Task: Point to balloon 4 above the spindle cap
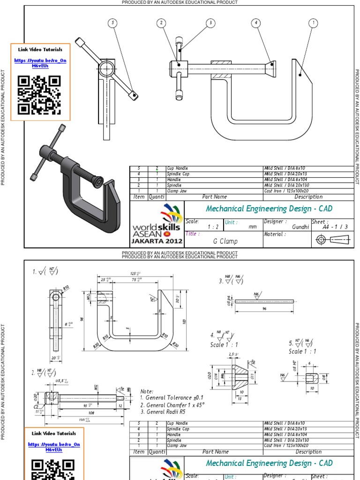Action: [256, 22]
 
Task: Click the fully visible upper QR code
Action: [39, 95]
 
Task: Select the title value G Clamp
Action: [225, 241]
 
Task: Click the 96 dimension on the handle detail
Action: [264, 309]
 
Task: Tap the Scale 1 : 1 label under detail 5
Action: [302, 351]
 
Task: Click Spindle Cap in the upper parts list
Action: [178, 174]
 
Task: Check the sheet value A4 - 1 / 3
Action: [332, 227]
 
